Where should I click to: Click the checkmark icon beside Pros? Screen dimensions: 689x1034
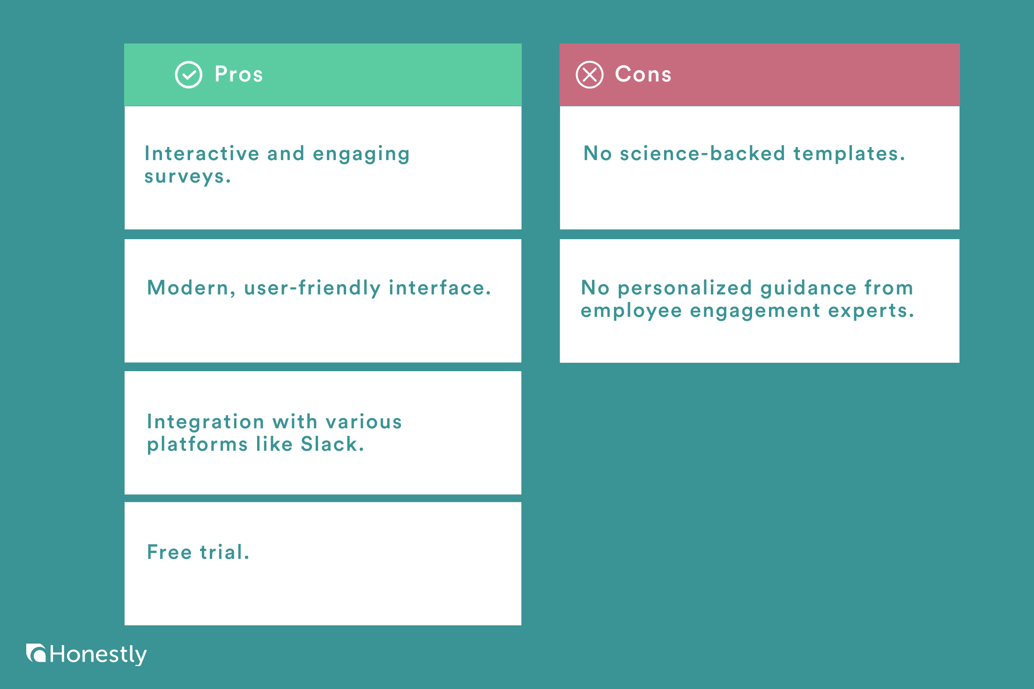(188, 75)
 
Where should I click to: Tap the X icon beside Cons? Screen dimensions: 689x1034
(590, 75)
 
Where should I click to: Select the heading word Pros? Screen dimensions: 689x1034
(239, 74)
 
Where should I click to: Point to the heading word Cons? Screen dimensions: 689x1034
(643, 74)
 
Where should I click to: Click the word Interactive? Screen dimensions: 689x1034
(202, 154)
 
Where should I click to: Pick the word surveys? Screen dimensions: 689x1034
(187, 177)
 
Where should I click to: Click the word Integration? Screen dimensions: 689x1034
(206, 422)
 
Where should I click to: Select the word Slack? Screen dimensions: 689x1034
(332, 444)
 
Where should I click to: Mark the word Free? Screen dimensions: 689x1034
(170, 552)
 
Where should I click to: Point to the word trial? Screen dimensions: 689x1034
(224, 552)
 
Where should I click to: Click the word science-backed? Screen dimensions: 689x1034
(702, 154)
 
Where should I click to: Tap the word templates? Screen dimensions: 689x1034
(849, 154)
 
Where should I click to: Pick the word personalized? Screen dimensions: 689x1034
(685, 288)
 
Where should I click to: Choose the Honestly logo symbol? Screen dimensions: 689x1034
(36, 653)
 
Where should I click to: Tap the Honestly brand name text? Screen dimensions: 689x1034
(98, 654)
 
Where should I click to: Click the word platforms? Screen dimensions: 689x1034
(197, 444)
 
